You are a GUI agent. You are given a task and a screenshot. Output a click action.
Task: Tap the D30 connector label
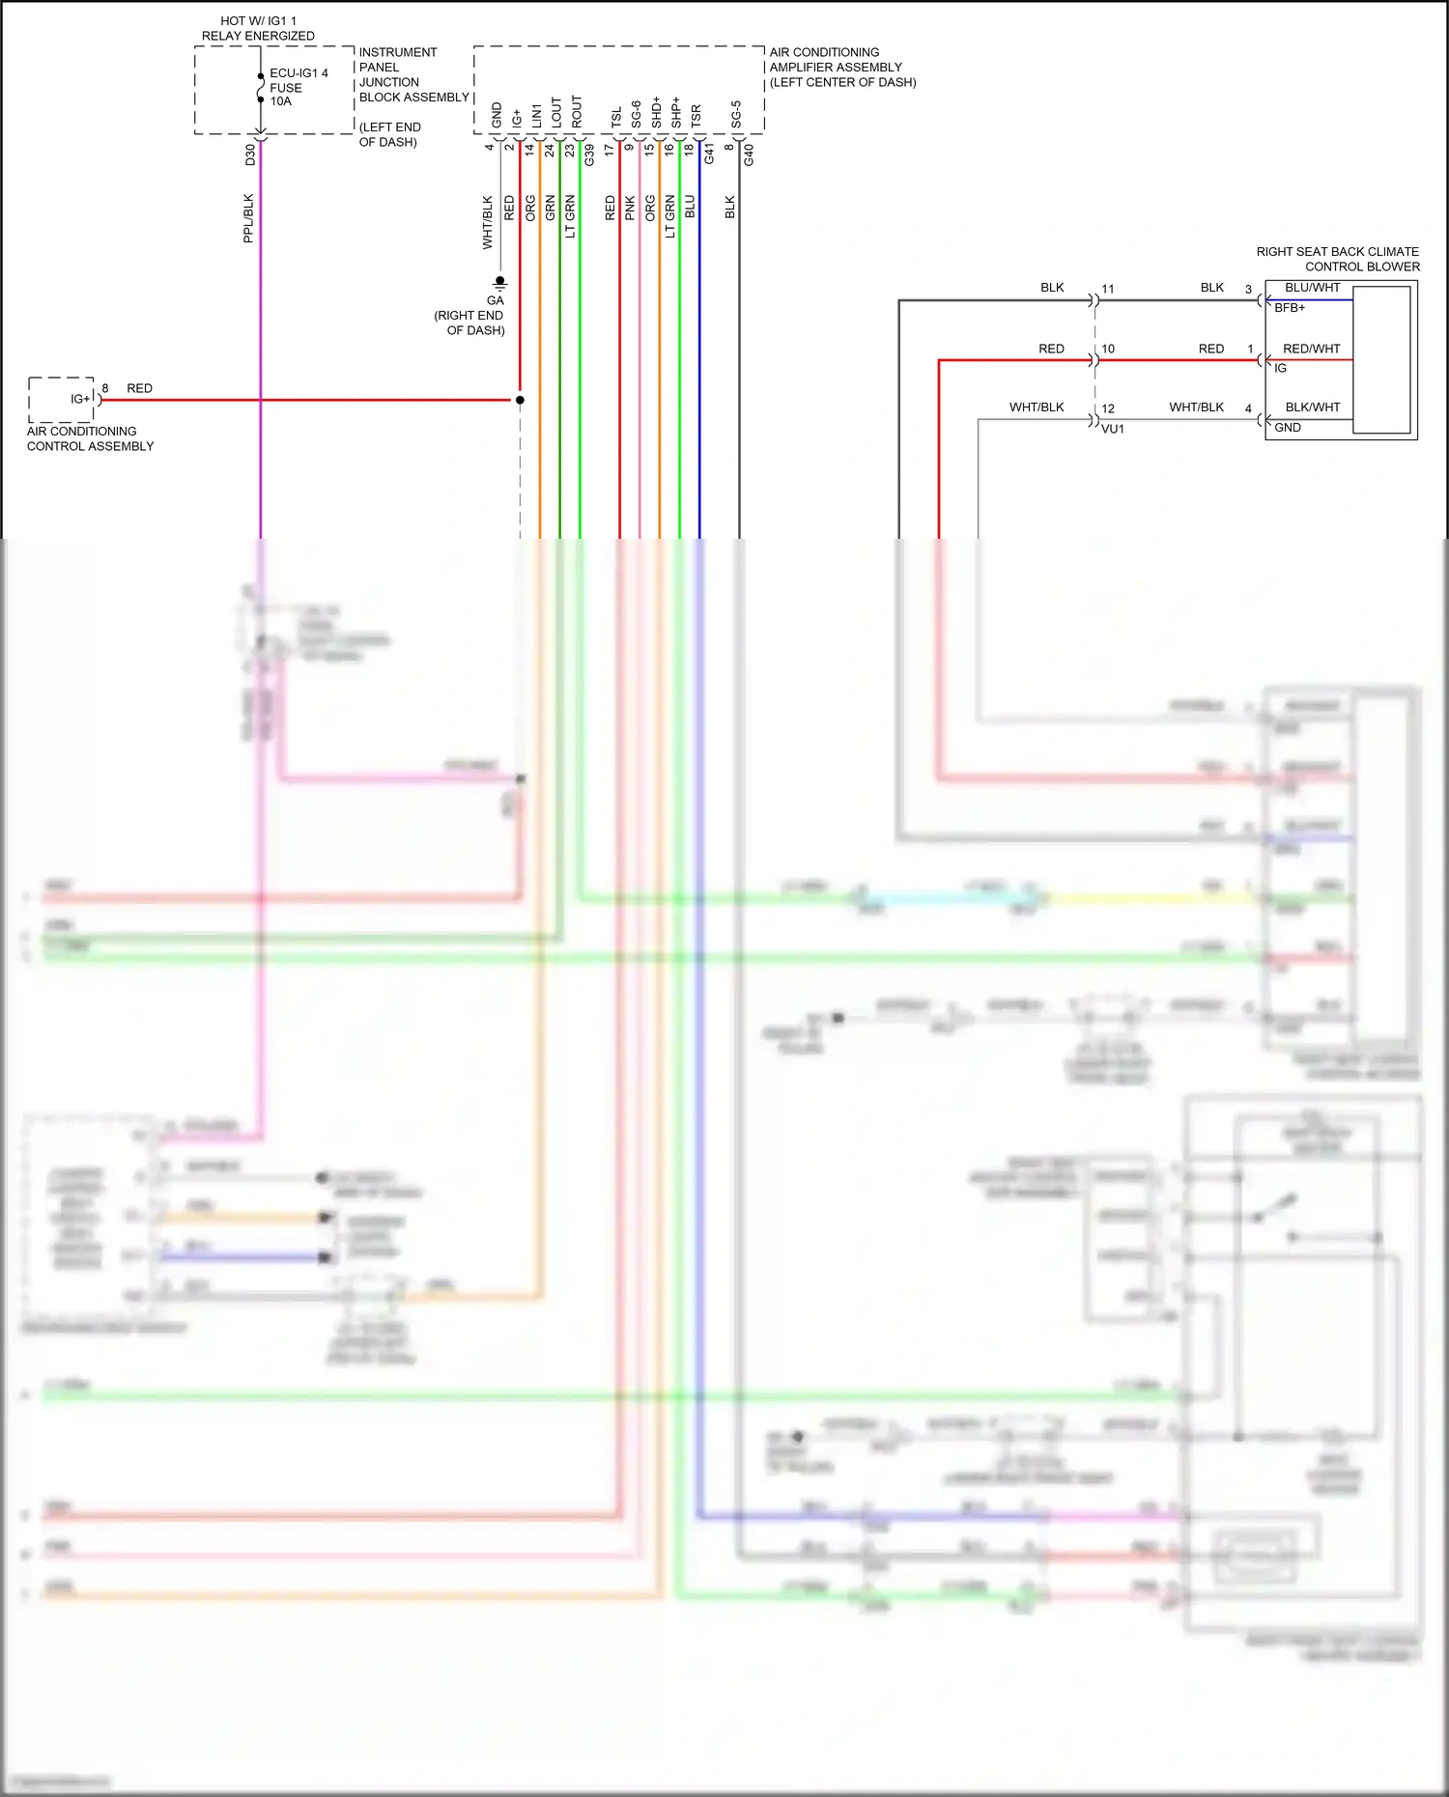coord(250,154)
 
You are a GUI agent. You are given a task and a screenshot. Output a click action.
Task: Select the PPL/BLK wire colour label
coord(248,218)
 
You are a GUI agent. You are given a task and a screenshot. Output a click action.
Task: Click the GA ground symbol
coord(499,283)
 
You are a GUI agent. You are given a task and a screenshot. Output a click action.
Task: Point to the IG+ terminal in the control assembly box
coord(79,399)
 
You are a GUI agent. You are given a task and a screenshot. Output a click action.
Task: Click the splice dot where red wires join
coord(520,400)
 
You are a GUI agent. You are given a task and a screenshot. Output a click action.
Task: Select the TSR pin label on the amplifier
coord(696,116)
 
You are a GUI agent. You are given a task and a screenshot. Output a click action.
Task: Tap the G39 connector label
coord(589,154)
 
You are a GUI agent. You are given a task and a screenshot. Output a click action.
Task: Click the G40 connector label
coord(749,154)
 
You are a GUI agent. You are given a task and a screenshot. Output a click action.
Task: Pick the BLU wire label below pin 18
coord(690,207)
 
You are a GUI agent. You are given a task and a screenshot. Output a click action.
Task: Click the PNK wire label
coord(630,208)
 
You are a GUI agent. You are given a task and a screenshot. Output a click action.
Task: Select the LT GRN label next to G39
coord(570,216)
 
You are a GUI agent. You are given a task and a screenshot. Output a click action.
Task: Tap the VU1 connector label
coord(1113,429)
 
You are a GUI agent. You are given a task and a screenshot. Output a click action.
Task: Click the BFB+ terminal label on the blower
coord(1290,308)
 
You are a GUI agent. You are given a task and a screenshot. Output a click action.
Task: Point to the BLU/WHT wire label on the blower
coord(1312,288)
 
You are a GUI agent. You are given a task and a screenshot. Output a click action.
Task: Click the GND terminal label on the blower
coord(1288,428)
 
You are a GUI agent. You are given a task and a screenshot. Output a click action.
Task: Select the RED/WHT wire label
coord(1311,349)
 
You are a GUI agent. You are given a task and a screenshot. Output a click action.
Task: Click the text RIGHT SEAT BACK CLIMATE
coord(1337,252)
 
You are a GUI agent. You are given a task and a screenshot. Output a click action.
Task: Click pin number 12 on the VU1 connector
coord(1108,408)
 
